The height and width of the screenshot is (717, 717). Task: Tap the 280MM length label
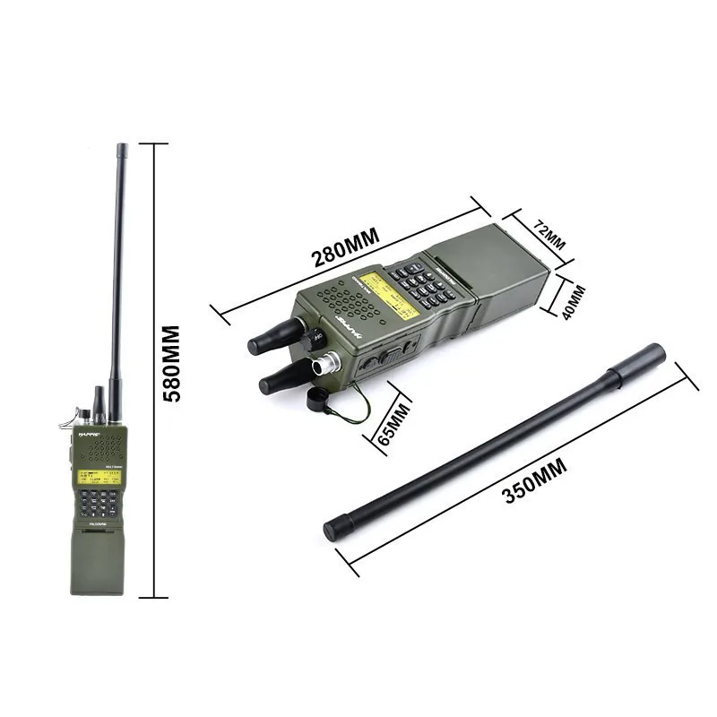click(x=346, y=248)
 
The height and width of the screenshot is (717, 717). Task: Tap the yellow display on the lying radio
click(x=392, y=293)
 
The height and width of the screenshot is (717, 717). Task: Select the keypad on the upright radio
click(x=97, y=505)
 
